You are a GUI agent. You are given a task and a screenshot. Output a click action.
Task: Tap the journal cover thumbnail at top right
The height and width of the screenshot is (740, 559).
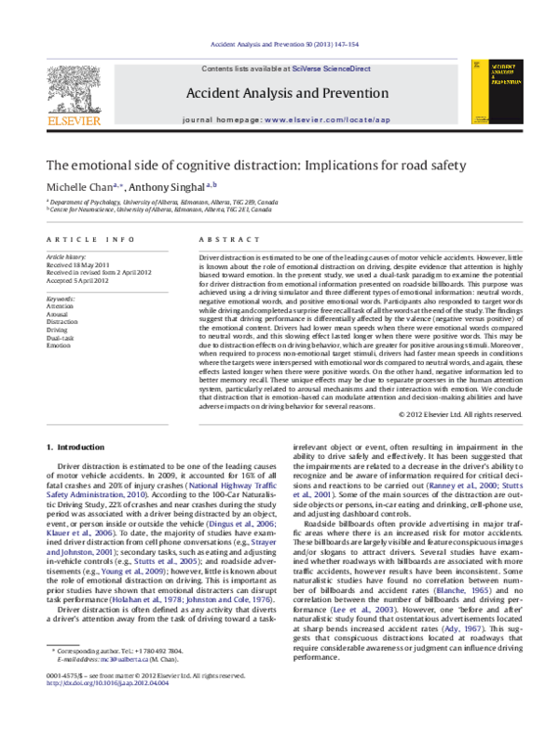point(491,93)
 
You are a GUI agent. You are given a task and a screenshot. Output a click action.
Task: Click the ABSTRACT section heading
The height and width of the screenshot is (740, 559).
point(221,239)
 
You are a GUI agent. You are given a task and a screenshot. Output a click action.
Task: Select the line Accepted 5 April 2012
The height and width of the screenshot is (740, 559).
point(79,280)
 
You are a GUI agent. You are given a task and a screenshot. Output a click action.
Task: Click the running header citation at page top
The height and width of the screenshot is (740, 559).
point(279,45)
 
